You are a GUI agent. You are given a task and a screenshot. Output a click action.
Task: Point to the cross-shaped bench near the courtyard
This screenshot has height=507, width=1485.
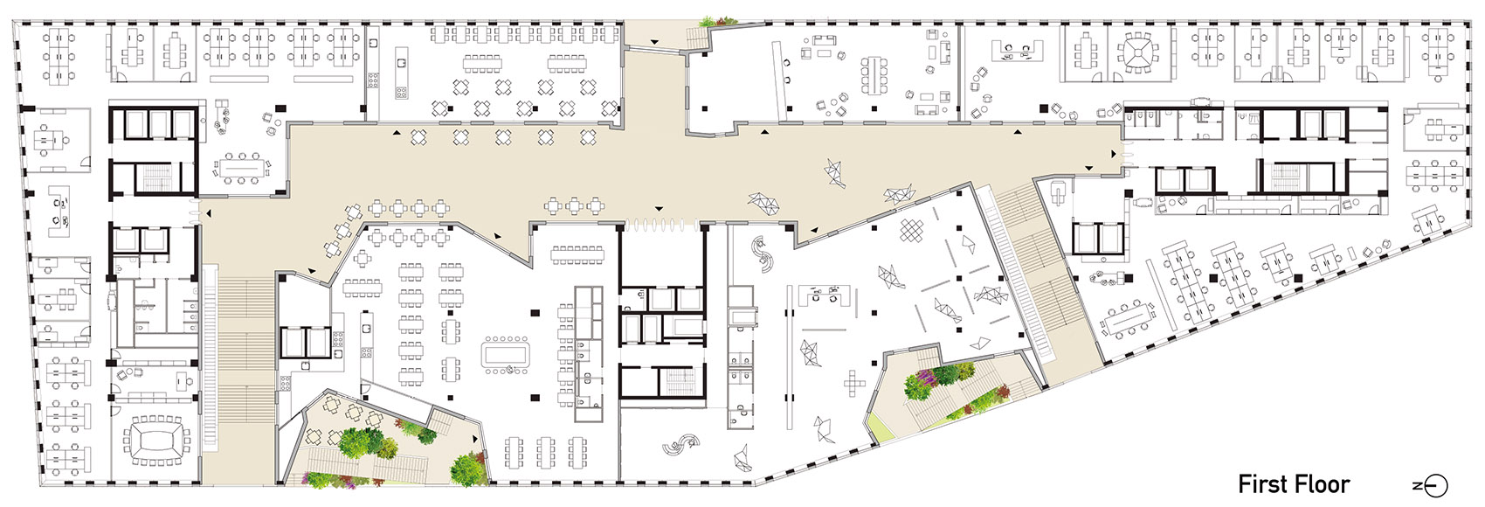click(854, 383)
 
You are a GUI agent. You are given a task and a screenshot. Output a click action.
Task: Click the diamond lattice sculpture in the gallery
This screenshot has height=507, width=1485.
click(913, 231)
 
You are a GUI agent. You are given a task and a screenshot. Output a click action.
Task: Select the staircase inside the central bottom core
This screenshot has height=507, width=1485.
click(678, 382)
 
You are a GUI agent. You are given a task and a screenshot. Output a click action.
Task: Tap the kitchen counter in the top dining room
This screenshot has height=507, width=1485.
click(400, 73)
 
